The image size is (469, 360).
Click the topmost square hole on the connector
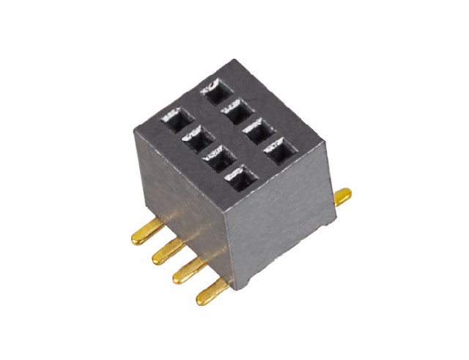(x=215, y=92)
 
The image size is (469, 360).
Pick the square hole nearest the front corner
(x=236, y=177)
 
